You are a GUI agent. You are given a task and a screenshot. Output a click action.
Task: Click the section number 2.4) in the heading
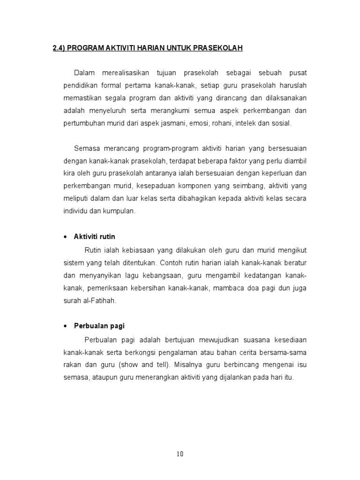pyautogui.click(x=59, y=48)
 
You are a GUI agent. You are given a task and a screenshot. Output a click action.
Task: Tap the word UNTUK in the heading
pyautogui.click(x=168, y=48)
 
